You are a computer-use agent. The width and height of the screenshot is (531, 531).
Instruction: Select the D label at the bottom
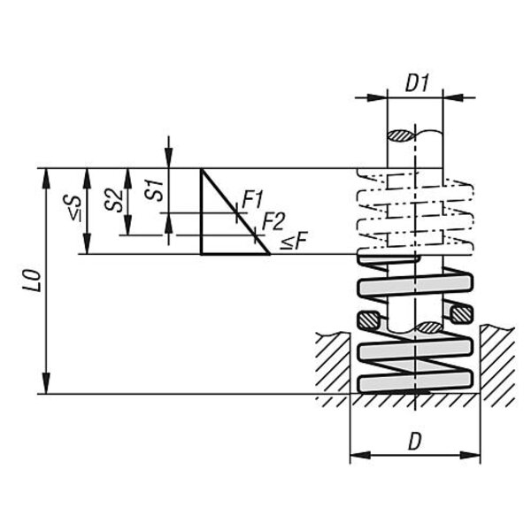tap(415, 442)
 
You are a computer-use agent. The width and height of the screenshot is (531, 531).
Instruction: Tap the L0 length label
tap(33, 281)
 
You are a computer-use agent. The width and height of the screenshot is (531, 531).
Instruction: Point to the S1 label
tap(154, 191)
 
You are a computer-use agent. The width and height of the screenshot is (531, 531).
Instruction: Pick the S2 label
tap(114, 201)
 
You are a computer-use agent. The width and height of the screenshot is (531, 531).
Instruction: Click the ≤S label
tap(73, 208)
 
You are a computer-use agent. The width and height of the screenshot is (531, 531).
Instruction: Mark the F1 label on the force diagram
tap(252, 200)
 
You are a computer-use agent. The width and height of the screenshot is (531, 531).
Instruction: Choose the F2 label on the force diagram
tap(273, 221)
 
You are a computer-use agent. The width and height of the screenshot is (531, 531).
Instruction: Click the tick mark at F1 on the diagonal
tap(237, 213)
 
